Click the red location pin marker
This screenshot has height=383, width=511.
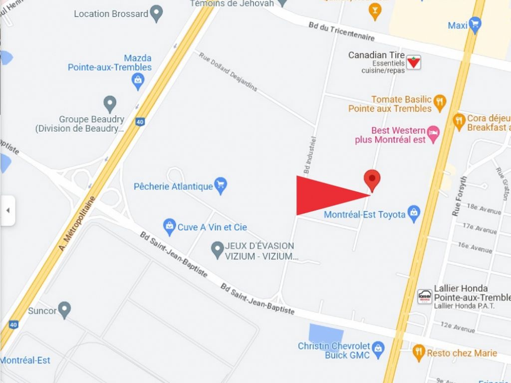point(372,179)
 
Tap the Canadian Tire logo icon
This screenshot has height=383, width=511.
point(413,62)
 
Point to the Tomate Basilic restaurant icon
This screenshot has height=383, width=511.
point(439,102)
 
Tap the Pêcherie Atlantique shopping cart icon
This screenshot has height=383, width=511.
point(221,185)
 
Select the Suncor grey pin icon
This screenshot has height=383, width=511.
point(64,309)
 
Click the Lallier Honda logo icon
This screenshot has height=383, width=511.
point(425,296)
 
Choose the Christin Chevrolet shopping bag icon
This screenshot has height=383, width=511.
point(378,349)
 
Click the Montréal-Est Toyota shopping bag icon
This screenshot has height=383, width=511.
point(414,213)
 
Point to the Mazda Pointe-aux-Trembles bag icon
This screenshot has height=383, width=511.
point(138,80)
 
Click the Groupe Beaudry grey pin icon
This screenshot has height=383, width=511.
point(110,104)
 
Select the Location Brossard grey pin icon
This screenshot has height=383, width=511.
point(157,13)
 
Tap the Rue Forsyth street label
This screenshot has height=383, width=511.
point(460,196)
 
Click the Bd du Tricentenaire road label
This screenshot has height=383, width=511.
point(341,32)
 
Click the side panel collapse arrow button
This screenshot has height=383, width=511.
point(7,210)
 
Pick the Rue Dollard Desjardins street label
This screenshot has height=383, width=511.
point(228,72)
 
